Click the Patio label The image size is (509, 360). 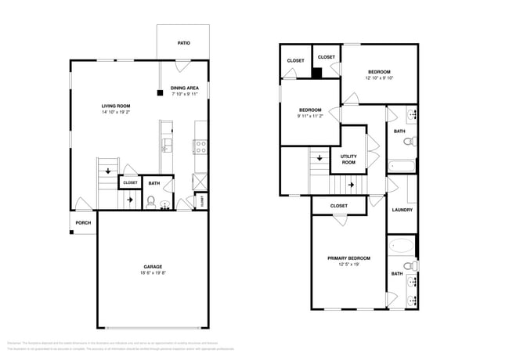(182, 43)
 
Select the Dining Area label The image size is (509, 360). (184, 88)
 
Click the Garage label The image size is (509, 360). (153, 267)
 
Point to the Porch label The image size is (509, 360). (83, 223)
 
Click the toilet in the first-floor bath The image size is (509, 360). (150, 202)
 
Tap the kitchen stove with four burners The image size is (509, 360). (200, 145)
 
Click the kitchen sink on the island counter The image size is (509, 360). (166, 144)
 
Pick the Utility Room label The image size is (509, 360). (348, 159)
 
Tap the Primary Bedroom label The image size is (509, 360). (348, 257)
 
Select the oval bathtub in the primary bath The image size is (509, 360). (401, 246)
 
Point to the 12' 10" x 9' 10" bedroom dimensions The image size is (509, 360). (379, 77)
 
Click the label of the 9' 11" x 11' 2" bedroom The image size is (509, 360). (309, 110)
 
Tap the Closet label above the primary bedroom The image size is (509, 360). (338, 206)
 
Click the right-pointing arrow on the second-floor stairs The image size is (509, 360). (350, 185)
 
